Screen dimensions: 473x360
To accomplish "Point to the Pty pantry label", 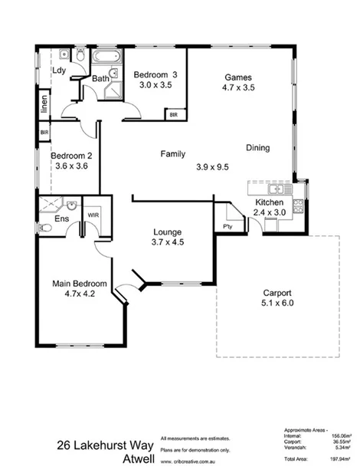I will coord(227,226).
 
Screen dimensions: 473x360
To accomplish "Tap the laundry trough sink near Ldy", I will coord(61,55).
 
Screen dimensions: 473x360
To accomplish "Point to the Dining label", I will coord(257,147).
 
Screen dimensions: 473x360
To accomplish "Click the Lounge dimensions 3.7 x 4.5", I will coord(166,242).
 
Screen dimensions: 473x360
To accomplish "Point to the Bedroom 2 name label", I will coord(70,156).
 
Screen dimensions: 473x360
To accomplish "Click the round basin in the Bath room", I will coord(113,74).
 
